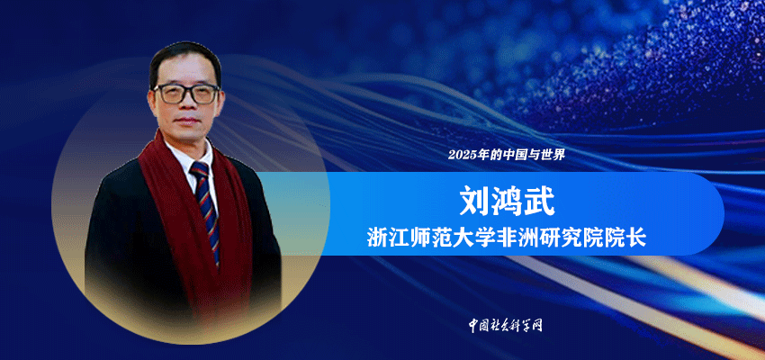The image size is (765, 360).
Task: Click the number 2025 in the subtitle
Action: (462, 156)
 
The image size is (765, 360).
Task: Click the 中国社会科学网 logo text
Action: (506, 325)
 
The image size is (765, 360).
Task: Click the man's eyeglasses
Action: (186, 94)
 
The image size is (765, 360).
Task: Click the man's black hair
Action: (184, 58)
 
